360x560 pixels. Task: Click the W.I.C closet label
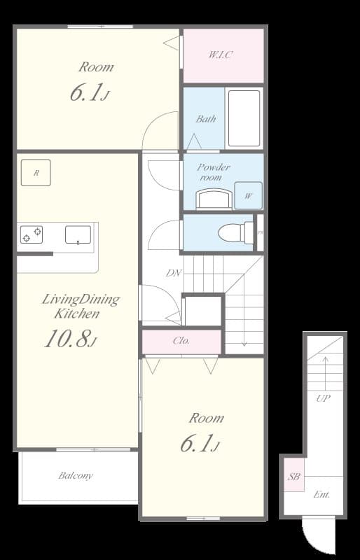(x=221, y=54)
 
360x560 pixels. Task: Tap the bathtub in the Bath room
(x=244, y=118)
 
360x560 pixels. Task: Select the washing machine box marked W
(x=248, y=196)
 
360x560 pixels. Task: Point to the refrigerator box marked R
(x=36, y=173)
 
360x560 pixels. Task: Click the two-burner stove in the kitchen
(x=31, y=234)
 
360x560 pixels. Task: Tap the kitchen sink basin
(x=78, y=234)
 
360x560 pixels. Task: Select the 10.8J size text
(x=70, y=340)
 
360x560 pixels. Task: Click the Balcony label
(x=76, y=476)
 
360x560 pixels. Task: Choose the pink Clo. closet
(x=181, y=342)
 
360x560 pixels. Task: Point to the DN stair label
(x=174, y=273)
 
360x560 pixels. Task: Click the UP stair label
(x=323, y=398)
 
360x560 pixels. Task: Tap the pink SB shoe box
(x=294, y=477)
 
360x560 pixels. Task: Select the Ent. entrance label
(x=321, y=494)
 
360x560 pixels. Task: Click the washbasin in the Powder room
(x=213, y=200)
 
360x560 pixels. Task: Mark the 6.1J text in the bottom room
(x=200, y=444)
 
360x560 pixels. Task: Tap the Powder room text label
(x=213, y=172)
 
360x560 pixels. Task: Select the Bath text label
(x=206, y=119)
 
